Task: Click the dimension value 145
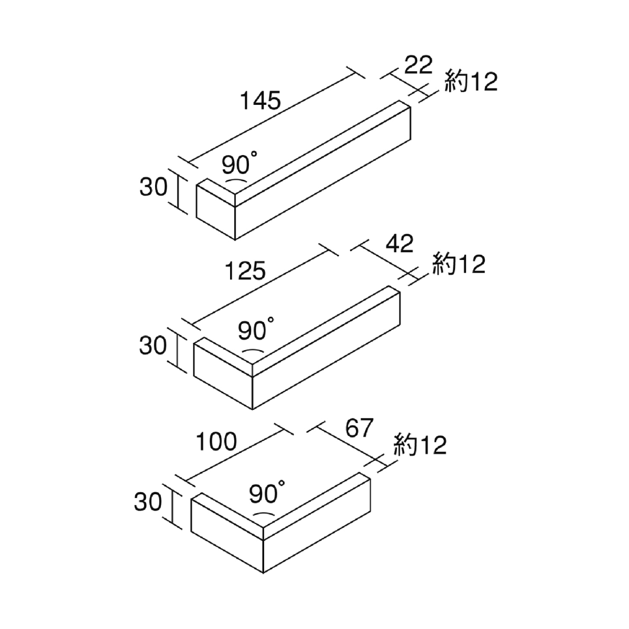tap(261, 101)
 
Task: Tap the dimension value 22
tap(418, 66)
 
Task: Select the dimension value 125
tap(245, 271)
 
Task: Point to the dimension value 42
tap(399, 244)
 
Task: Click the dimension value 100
tap(216, 442)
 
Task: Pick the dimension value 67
tap(360, 428)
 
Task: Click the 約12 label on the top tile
tap(471, 82)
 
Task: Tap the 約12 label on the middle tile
tap(459, 264)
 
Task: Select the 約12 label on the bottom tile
tap(420, 445)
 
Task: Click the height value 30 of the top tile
tap(154, 187)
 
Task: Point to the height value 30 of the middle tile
tap(153, 345)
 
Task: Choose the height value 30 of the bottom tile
tap(148, 502)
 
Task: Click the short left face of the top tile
tap(216, 212)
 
